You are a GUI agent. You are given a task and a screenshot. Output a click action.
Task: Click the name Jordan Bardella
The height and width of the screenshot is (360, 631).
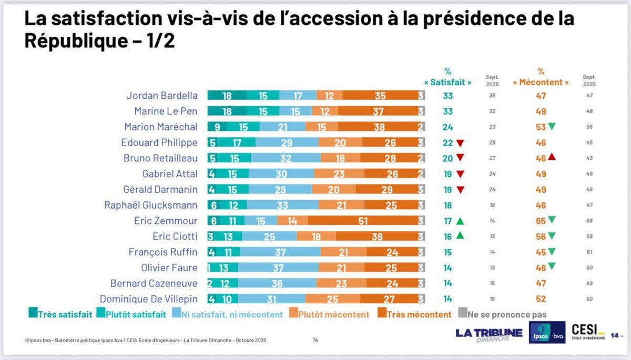click(162, 96)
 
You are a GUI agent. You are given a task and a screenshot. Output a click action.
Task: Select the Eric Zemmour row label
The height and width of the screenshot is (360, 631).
click(166, 221)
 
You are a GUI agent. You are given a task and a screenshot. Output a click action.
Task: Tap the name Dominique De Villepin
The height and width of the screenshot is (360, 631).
click(149, 299)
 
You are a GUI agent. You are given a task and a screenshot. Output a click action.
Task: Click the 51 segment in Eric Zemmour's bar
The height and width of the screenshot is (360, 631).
click(363, 221)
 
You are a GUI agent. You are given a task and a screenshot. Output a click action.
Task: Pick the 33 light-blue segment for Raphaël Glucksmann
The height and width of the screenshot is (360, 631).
click(283, 205)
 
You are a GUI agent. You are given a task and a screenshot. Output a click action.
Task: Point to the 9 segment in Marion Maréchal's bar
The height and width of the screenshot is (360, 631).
click(217, 127)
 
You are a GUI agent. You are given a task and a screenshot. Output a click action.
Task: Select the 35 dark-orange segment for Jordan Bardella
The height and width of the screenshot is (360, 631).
click(380, 96)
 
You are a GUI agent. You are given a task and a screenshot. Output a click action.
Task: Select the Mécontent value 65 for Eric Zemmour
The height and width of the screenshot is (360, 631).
click(541, 221)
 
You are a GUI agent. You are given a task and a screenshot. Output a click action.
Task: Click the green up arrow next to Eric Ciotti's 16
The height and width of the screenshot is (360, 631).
click(460, 236)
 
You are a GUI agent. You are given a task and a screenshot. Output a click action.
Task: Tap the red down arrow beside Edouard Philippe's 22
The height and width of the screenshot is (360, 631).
click(460, 143)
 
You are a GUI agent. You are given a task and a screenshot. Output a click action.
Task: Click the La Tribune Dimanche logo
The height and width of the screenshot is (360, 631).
click(489, 335)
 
